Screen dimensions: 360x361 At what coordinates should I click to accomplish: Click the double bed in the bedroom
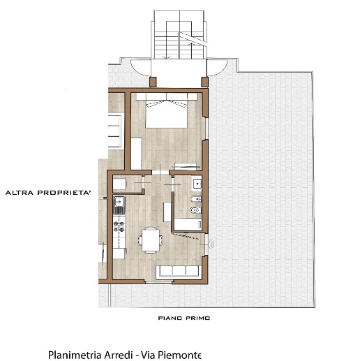click(x=167, y=110)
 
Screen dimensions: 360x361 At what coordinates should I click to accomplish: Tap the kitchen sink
click(x=119, y=205)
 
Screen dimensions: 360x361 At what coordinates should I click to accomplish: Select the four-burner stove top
click(x=119, y=226)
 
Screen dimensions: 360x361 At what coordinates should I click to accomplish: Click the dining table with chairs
click(x=151, y=240)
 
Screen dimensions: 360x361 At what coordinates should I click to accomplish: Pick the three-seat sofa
click(x=179, y=271)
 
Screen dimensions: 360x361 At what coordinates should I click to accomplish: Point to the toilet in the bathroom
click(x=195, y=210)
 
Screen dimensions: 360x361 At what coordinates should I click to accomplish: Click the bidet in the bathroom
click(x=196, y=199)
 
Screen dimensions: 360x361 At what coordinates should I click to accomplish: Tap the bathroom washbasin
click(x=197, y=184)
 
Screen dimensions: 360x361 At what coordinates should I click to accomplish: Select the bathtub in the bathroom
click(x=188, y=224)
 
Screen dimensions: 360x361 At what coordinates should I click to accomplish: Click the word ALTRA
click(x=20, y=193)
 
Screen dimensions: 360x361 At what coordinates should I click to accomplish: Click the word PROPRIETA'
click(x=64, y=193)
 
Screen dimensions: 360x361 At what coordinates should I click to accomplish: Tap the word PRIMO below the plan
click(x=197, y=318)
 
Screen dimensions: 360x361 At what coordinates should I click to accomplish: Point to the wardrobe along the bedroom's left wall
click(x=136, y=154)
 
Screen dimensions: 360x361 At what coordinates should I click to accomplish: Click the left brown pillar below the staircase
click(x=153, y=82)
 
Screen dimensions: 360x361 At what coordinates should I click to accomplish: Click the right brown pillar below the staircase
click(x=204, y=82)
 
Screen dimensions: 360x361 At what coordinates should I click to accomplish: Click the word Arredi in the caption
click(x=119, y=355)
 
